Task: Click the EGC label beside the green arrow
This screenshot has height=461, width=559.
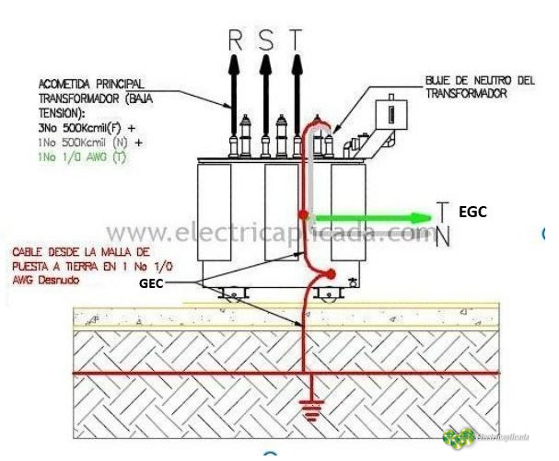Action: [x=472, y=211]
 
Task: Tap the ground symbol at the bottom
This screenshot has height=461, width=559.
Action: [x=313, y=413]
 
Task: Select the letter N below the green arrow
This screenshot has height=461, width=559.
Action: [x=443, y=237]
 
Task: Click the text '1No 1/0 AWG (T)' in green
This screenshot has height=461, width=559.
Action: [x=80, y=158]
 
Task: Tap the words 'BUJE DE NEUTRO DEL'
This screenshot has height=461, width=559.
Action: [x=480, y=81]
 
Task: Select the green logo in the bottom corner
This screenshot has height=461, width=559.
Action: [x=459, y=438]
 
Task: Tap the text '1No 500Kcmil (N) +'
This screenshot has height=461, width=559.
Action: [x=89, y=144]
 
